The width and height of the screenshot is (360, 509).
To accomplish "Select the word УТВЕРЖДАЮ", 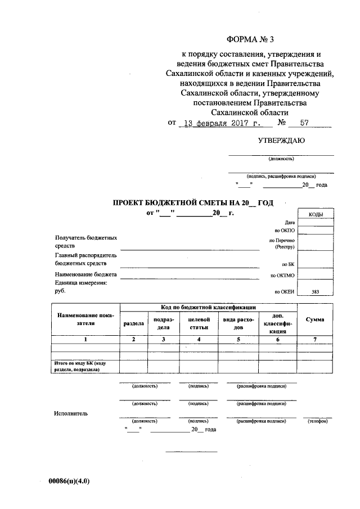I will click(281, 141).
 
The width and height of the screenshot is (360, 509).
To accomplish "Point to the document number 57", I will click(305, 123).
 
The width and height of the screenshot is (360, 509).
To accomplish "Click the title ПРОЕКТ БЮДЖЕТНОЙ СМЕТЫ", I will click(193, 202).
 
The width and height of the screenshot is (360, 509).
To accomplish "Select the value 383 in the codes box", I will click(315, 291).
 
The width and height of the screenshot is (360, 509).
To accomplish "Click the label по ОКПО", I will click(285, 231).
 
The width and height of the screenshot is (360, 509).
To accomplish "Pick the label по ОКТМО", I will click(282, 276).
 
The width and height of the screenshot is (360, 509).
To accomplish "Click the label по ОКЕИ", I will click(284, 291).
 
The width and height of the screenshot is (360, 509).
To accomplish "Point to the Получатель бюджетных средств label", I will click(86, 242).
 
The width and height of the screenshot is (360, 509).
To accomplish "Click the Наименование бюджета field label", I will click(86, 274).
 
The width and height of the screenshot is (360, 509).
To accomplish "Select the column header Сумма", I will click(314, 319).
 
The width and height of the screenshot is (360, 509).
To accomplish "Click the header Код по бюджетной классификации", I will click(208, 308).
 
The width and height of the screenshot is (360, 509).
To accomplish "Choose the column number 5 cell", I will click(238, 339).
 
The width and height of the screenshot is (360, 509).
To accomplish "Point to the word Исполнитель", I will click(71, 413).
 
